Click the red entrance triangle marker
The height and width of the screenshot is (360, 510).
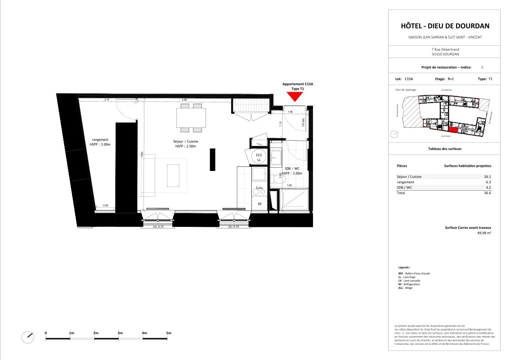click(294, 96)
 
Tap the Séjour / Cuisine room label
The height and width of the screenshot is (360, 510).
click(185, 144)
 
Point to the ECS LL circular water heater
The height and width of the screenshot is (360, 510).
click(259, 157)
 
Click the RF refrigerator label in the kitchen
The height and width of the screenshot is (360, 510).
click(260, 203)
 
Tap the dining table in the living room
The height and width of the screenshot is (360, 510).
click(191, 118)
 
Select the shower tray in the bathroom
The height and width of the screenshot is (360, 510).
click(294, 200)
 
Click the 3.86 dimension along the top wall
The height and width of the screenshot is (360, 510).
click(184, 100)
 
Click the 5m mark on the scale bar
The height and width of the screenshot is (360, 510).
click(169, 332)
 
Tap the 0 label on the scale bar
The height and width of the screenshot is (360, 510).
click(46, 332)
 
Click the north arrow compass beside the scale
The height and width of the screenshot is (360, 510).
click(28, 337)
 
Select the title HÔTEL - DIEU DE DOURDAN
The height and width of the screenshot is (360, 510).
click(445, 26)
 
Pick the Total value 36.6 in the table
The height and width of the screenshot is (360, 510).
click(488, 193)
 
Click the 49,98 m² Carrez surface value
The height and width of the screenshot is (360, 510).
click(484, 233)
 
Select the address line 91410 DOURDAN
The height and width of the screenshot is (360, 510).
click(445, 54)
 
